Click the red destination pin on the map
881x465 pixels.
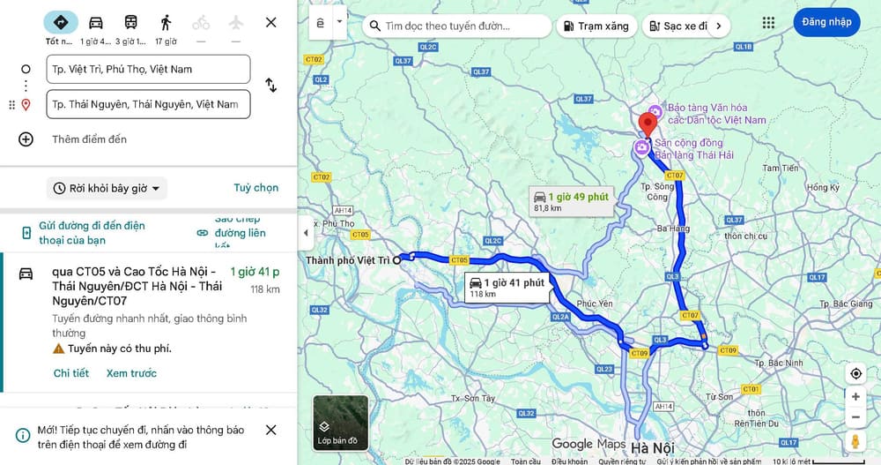648,123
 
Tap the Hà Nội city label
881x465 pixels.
652,447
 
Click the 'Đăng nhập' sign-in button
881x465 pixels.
826,22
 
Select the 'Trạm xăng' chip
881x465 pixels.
596,26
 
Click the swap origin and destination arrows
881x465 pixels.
270,86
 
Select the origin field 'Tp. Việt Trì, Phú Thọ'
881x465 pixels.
149,69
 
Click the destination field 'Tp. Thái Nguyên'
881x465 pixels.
149,104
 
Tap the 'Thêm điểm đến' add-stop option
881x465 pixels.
89,139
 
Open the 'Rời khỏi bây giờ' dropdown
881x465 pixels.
107,188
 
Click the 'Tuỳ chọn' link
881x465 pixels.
255,188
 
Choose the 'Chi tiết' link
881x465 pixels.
71,373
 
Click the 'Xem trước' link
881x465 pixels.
131,373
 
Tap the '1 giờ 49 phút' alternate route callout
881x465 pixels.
570,201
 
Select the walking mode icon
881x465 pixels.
166,22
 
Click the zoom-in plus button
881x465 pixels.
855,396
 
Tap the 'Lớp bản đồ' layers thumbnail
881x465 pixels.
340,423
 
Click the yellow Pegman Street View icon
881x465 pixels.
855,440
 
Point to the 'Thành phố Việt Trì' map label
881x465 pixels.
347,260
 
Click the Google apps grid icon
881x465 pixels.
768,22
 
